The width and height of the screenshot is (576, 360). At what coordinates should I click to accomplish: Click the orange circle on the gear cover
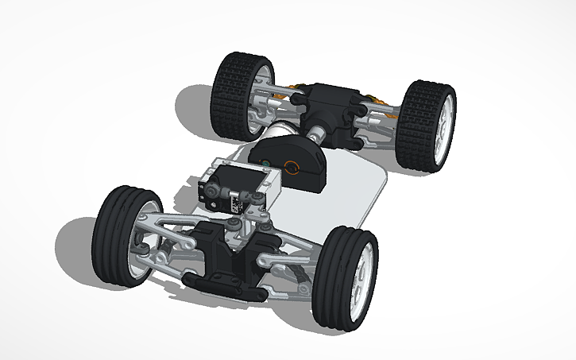coord(292,167)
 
